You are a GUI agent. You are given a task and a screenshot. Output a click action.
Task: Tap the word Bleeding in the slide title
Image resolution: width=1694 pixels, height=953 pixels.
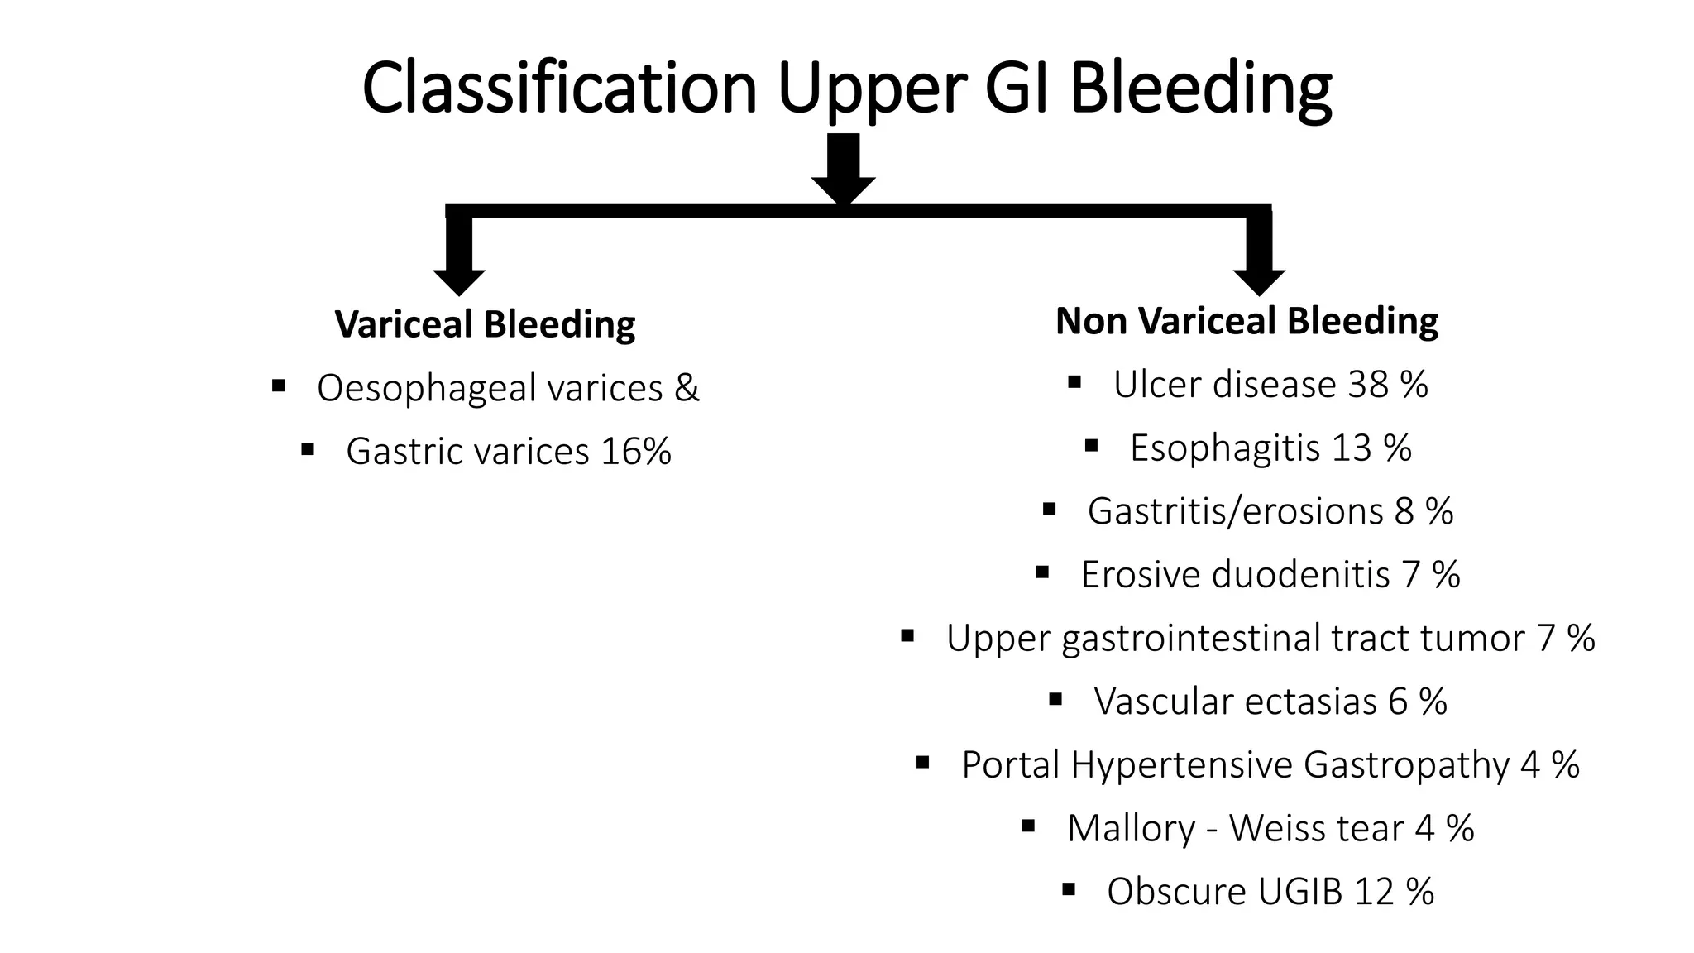[1200, 88]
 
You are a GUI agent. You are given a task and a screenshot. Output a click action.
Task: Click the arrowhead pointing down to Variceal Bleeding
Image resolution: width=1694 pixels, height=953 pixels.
[458, 281]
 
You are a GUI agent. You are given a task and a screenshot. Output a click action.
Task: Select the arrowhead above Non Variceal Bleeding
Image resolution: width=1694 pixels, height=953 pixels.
[1259, 281]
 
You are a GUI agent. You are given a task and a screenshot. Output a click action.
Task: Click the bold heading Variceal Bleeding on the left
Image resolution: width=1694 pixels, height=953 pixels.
[485, 323]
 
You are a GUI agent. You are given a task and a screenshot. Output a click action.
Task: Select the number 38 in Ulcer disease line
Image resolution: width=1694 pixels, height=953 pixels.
[1368, 385]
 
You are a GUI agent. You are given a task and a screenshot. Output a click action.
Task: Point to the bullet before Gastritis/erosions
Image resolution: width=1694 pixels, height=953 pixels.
[1050, 508]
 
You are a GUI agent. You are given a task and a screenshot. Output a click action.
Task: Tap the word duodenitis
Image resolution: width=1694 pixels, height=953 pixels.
[1300, 575]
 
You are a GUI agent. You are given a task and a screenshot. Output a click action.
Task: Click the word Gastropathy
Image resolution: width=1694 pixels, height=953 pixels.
[1406, 765]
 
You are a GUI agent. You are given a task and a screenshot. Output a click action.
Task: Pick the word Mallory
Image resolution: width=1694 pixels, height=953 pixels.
[1131, 828]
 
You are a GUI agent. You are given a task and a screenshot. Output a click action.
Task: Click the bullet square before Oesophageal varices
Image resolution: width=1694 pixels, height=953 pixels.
[278, 385]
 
